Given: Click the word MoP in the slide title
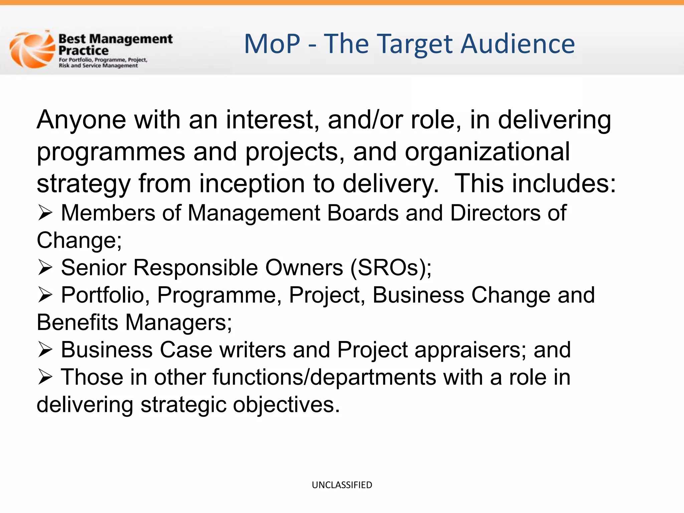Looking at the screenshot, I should coord(272,44).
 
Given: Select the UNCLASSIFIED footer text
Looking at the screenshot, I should coord(342,485).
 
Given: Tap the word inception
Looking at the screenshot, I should coord(252,184).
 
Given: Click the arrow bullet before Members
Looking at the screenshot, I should coord(45,213).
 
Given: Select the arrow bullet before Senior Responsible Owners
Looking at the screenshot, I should coord(45,268).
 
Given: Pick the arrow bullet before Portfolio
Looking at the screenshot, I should coord(45,295).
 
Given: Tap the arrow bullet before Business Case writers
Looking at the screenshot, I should coord(45,350).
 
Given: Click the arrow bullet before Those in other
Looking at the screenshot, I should coord(45,377).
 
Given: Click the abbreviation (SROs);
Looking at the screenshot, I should coord(391,268).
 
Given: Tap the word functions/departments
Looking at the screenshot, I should coord(324,377).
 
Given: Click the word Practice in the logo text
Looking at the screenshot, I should coord(83,51).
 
